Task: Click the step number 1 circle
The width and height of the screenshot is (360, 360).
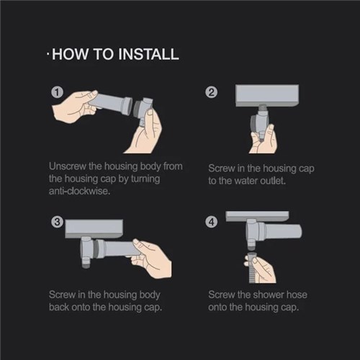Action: click(56, 92)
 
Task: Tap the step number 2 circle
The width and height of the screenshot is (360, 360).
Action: click(212, 92)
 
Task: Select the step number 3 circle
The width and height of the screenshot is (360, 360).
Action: click(56, 222)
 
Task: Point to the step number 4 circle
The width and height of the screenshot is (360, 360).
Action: click(212, 222)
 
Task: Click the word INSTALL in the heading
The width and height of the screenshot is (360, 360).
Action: click(143, 55)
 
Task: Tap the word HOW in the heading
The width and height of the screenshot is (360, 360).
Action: click(70, 55)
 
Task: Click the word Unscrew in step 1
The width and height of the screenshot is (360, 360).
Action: click(69, 166)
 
